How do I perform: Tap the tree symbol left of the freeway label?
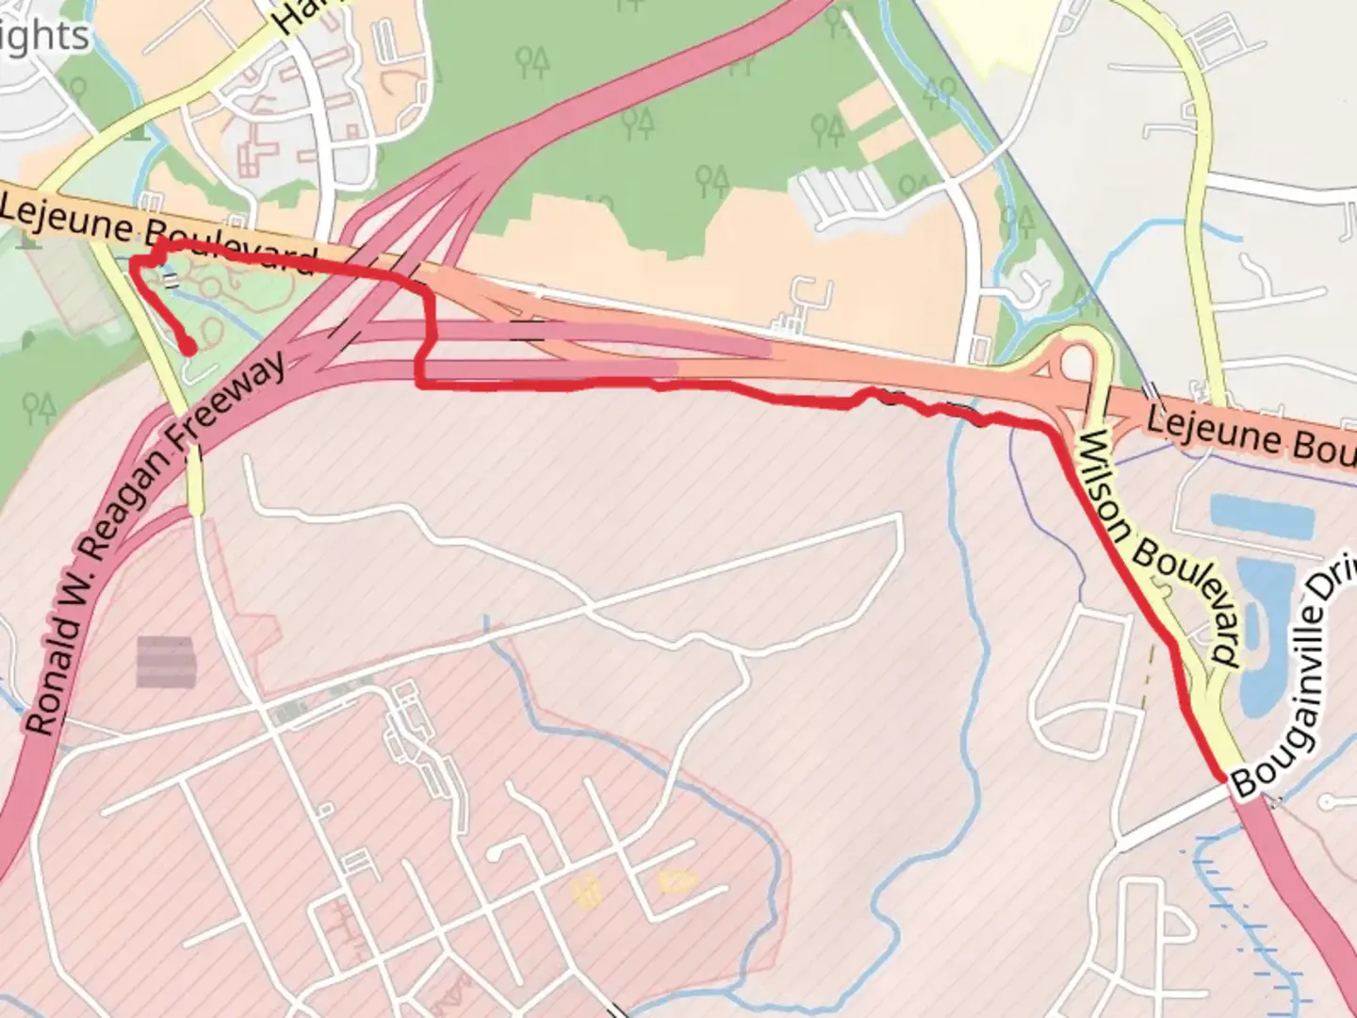(x=39, y=408)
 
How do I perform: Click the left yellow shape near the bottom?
(x=585, y=890)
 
